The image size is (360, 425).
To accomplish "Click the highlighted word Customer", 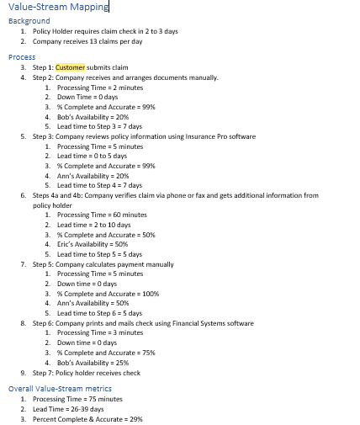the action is pyautogui.click(x=70, y=66).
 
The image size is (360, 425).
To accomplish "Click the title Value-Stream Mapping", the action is pyautogui.click(x=58, y=8).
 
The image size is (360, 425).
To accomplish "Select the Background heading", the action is pyautogui.click(x=29, y=20).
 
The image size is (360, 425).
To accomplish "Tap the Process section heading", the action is pyautogui.click(x=21, y=56).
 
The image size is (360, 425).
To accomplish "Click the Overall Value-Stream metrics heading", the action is pyautogui.click(x=60, y=389).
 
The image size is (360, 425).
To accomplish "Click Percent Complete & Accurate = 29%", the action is pyautogui.click(x=87, y=418).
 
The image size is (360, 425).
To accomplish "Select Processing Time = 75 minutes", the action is pyautogui.click(x=77, y=399).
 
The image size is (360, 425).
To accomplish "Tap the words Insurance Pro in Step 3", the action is pyautogui.click(x=205, y=136).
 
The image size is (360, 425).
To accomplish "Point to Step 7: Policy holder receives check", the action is pyautogui.click(x=87, y=373).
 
